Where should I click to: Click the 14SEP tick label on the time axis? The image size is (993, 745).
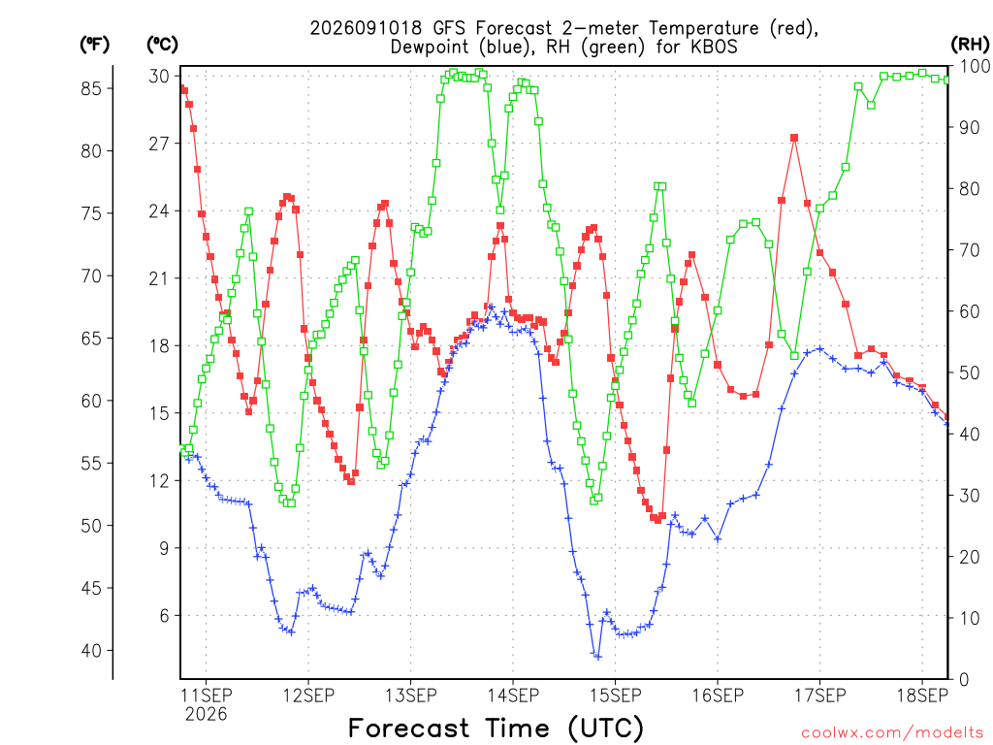click(513, 696)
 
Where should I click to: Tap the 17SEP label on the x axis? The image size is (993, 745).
click(820, 696)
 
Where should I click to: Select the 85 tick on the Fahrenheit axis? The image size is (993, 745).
click(91, 88)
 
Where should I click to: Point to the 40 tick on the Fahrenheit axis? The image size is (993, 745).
click(91, 651)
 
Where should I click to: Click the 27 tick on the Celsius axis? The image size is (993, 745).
click(159, 144)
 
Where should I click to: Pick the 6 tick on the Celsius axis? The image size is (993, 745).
click(165, 616)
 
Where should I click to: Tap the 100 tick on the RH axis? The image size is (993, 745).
click(976, 66)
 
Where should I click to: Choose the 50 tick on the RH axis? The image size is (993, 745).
click(970, 372)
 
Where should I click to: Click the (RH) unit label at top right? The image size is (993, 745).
click(970, 44)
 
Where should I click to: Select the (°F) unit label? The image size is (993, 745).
click(94, 45)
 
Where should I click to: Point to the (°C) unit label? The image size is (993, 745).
click(162, 45)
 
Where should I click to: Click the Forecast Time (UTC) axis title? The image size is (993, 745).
click(496, 729)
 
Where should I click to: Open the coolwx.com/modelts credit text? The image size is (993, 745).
click(892, 733)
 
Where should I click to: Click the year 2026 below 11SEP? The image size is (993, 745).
click(206, 715)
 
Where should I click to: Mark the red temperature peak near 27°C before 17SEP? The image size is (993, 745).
click(794, 138)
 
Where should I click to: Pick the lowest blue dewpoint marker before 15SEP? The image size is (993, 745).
click(597, 657)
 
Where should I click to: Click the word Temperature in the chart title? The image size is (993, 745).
click(703, 28)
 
